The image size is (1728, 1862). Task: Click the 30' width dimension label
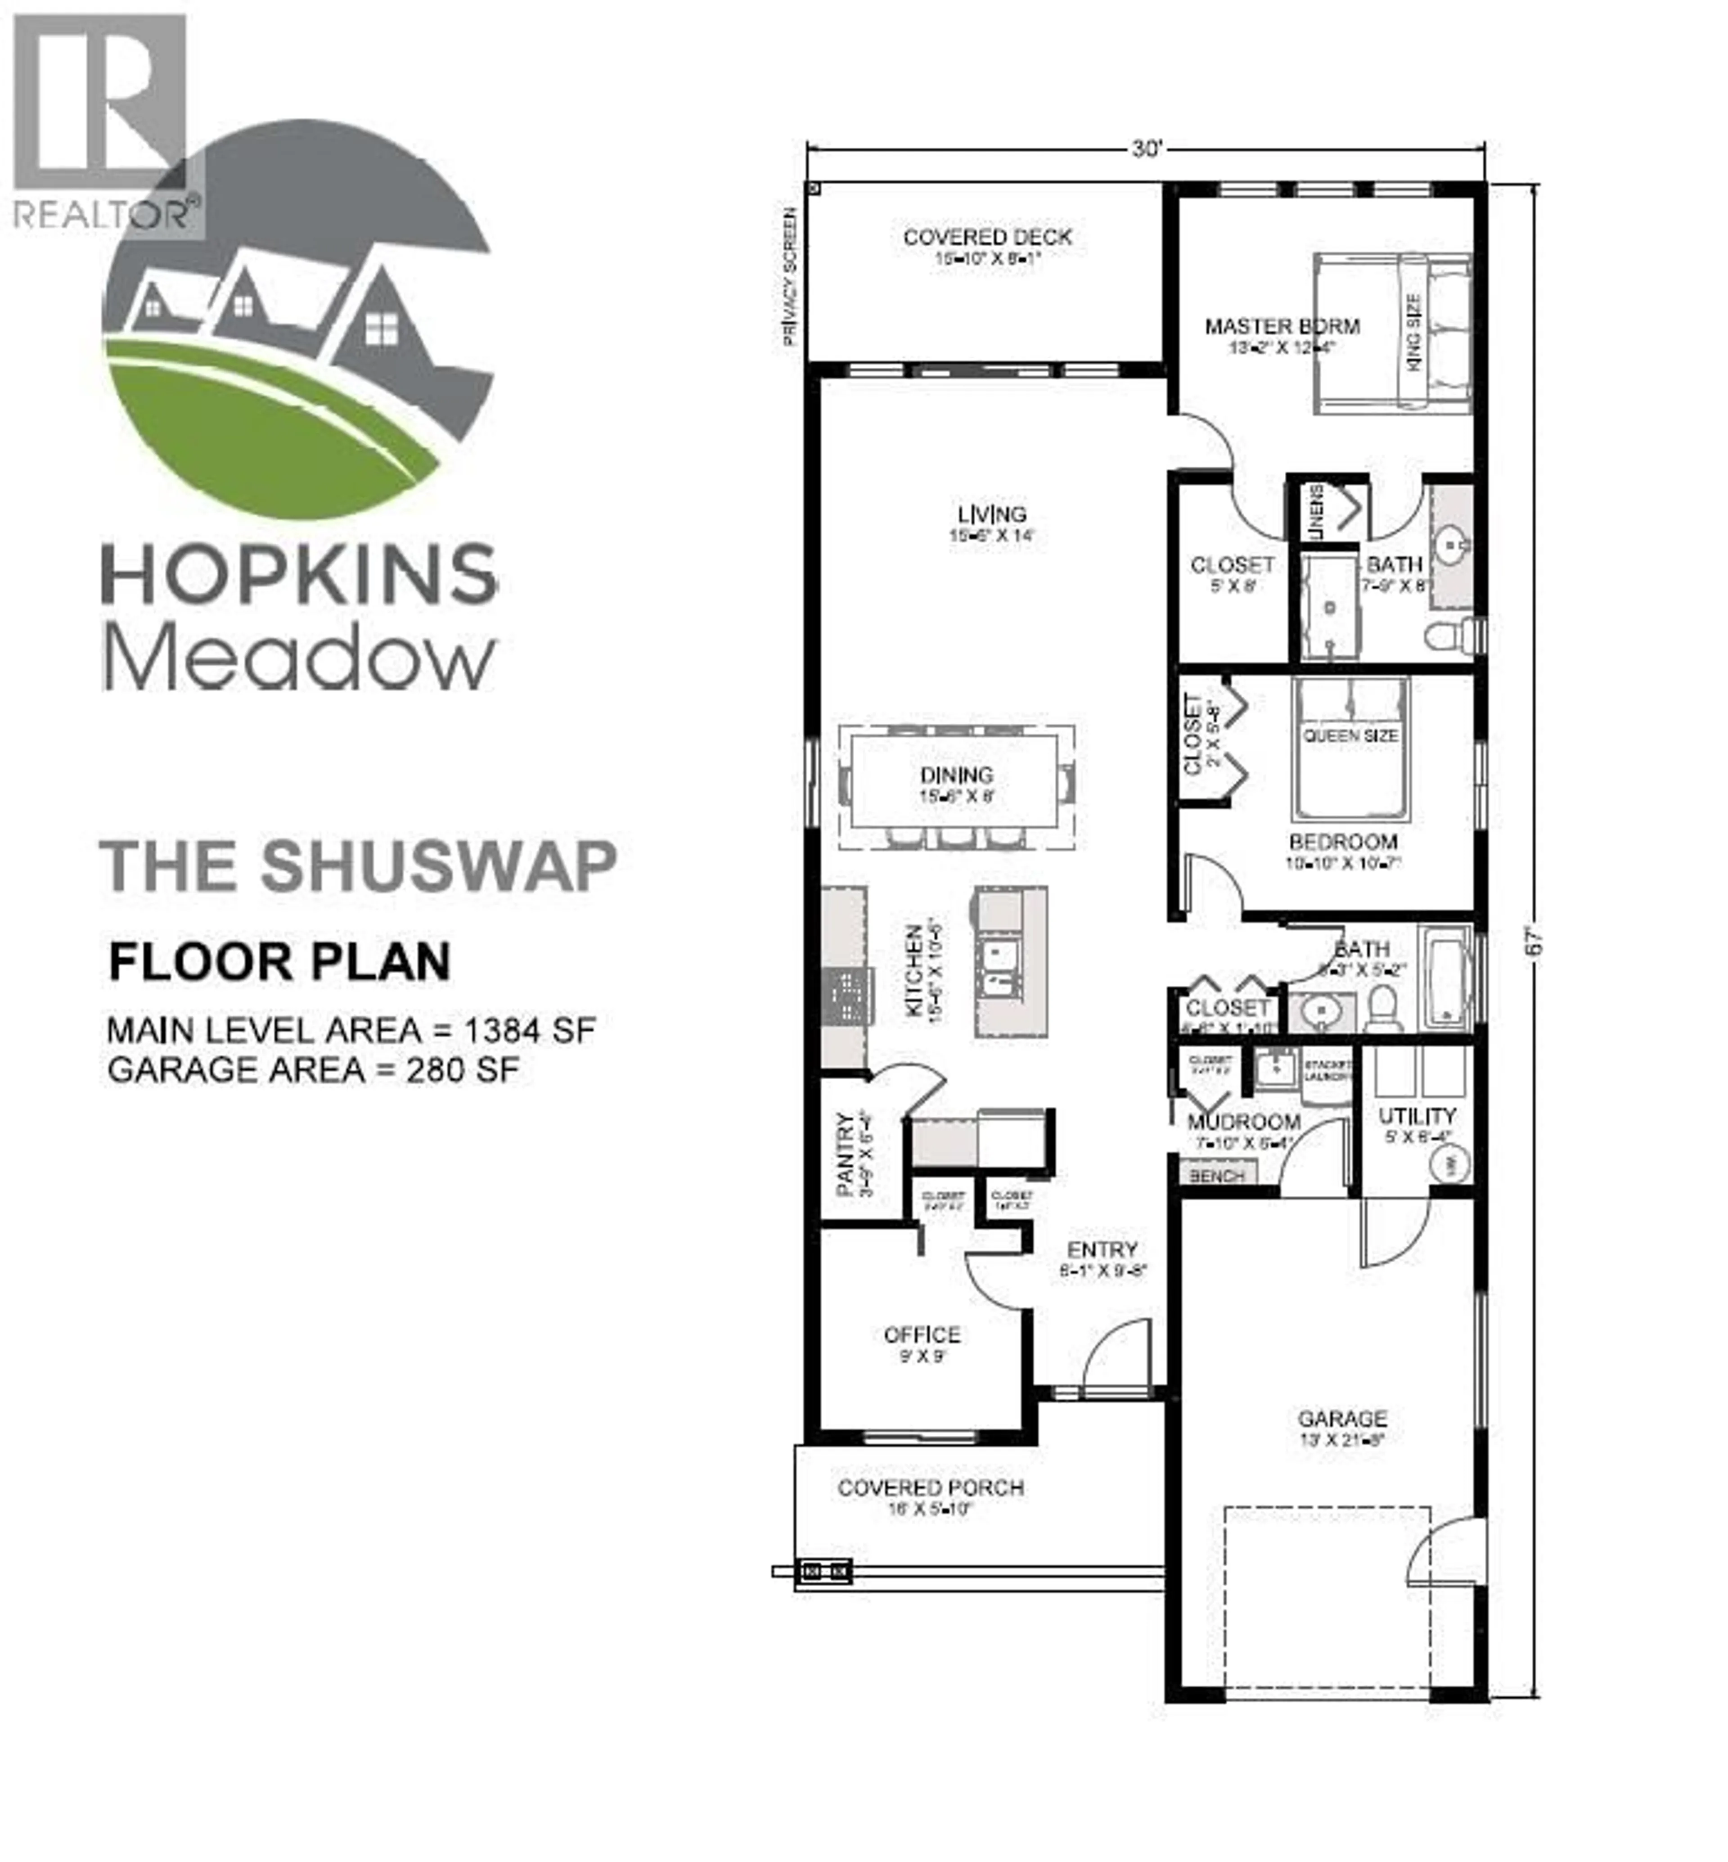coord(1145,149)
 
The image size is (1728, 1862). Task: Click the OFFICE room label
coord(922,1335)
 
